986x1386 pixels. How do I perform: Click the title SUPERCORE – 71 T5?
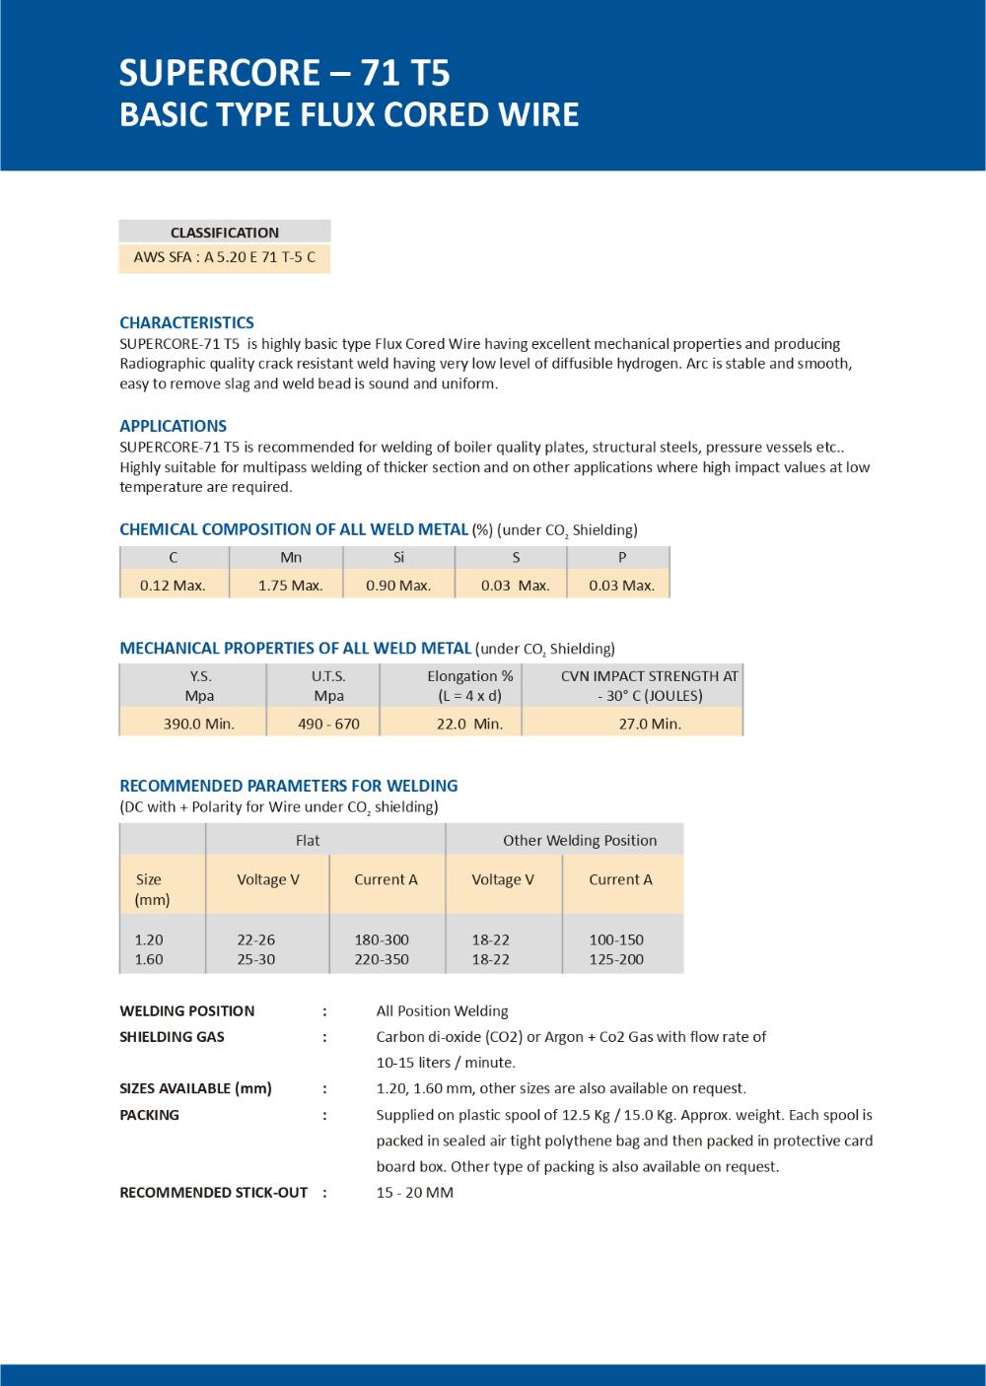coord(284,73)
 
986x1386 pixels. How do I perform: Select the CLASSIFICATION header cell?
coord(225,233)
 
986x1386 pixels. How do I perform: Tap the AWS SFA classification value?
coord(225,259)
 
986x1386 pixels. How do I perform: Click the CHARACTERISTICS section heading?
coord(186,322)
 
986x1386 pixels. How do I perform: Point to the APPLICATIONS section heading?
coord(173,426)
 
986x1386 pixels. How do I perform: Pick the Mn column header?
coord(291,557)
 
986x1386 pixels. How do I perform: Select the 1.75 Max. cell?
coord(291,585)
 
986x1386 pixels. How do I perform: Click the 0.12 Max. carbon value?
coord(173,585)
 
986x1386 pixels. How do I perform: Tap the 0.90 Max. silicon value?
coord(398,585)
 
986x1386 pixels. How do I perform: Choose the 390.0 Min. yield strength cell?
coord(199,724)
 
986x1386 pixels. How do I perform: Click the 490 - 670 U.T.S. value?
coord(328,724)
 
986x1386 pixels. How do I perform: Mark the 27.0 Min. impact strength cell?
coord(650,724)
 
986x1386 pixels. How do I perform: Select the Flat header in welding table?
coord(308,840)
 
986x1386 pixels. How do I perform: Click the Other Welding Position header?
coord(580,840)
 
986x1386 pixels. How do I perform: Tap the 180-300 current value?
coord(382,939)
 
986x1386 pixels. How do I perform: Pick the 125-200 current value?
coord(616,959)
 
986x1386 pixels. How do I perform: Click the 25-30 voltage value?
coord(256,959)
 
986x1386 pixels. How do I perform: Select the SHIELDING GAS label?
coord(172,1036)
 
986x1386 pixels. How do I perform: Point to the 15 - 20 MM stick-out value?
coord(415,1192)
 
